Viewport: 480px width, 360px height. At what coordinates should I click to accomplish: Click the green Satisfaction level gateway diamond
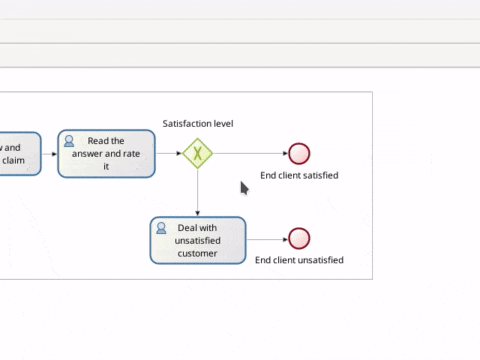tap(198, 153)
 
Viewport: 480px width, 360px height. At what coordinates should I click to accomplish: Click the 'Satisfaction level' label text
tap(198, 124)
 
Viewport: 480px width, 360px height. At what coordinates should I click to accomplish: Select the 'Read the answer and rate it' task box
tap(106, 154)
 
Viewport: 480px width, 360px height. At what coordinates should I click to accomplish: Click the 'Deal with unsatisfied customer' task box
tap(198, 240)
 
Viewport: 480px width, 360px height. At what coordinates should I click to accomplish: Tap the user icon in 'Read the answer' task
tap(69, 141)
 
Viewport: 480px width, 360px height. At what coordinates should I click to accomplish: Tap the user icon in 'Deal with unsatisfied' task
tap(161, 228)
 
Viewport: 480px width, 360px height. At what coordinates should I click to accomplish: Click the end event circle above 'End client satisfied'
tap(299, 153)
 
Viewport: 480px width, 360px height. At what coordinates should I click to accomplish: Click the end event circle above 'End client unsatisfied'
tap(299, 239)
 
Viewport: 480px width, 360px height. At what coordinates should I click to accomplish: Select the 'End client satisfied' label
tap(299, 175)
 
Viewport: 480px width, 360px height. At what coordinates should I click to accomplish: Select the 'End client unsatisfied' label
tap(299, 260)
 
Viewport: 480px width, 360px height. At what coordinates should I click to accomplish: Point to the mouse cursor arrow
tap(243, 187)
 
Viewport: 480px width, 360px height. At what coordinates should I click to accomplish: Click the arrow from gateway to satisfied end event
tap(250, 153)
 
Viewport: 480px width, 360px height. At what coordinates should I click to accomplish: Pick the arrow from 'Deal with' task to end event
tap(267, 239)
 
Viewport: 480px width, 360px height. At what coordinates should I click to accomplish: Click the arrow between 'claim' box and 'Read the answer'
tap(49, 153)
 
